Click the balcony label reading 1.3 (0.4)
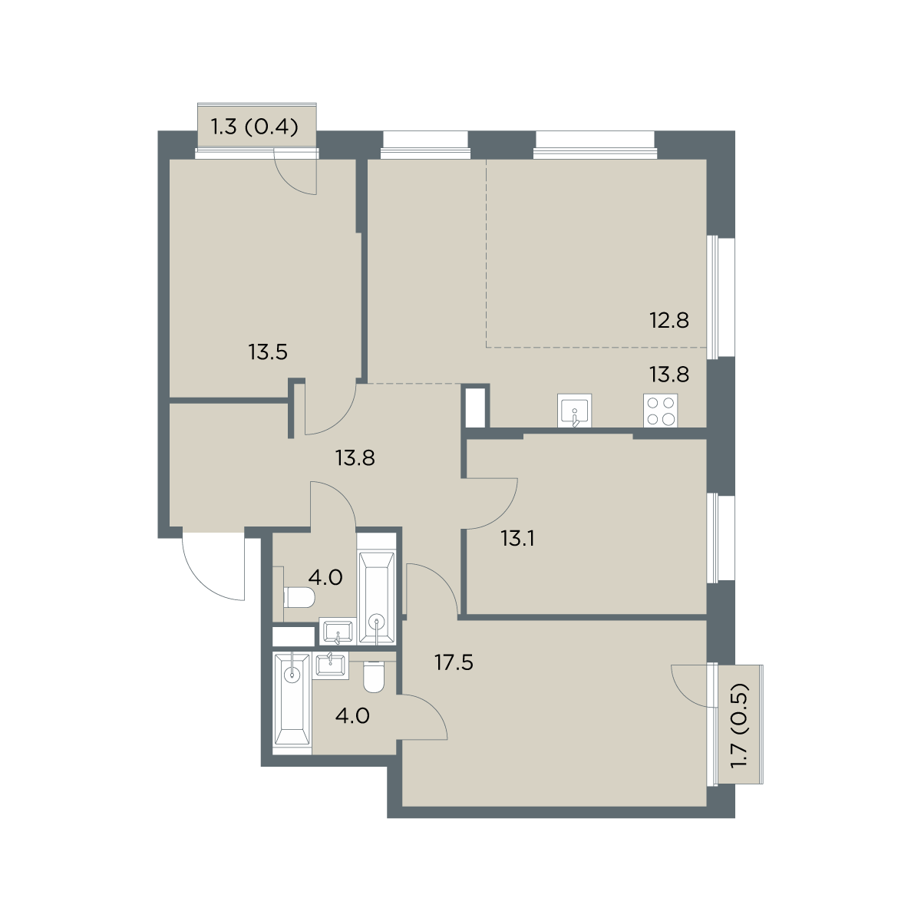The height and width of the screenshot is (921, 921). click(255, 127)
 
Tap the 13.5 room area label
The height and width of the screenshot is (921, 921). click(268, 353)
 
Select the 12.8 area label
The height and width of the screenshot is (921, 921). click(669, 321)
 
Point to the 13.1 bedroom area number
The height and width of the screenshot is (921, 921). click(517, 539)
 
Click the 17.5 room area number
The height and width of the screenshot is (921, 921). click(454, 663)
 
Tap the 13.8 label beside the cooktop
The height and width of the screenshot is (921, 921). click(669, 375)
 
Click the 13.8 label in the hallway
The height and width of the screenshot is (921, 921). click(355, 458)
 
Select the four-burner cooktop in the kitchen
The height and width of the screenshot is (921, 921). click(661, 410)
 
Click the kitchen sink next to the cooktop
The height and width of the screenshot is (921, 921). click(575, 410)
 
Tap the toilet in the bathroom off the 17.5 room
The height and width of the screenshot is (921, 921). click(374, 676)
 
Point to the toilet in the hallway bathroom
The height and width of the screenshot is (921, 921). click(299, 597)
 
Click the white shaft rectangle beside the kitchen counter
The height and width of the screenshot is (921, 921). click(474, 408)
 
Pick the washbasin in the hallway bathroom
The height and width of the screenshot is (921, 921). click(338, 632)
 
